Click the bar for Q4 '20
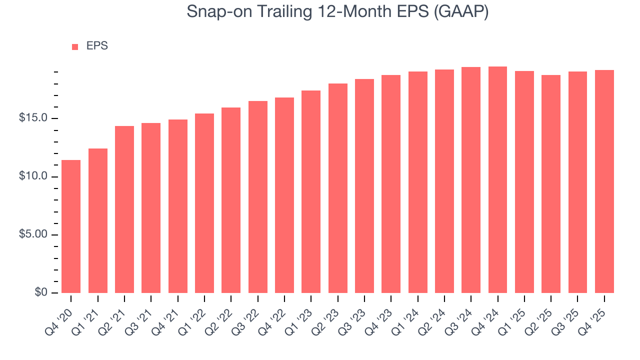(71, 226)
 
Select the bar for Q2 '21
(124, 209)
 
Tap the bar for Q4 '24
(497, 180)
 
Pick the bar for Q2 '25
(551, 184)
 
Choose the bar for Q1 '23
(311, 191)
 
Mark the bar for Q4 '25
(604, 181)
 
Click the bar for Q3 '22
(257, 197)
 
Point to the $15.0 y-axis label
(33, 118)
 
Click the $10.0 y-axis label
(33, 176)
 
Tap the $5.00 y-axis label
(33, 235)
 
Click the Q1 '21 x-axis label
(90, 317)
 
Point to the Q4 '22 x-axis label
(276, 317)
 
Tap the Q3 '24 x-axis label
(463, 317)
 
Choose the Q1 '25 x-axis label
(516, 317)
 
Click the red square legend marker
(75, 47)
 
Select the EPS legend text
(97, 46)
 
